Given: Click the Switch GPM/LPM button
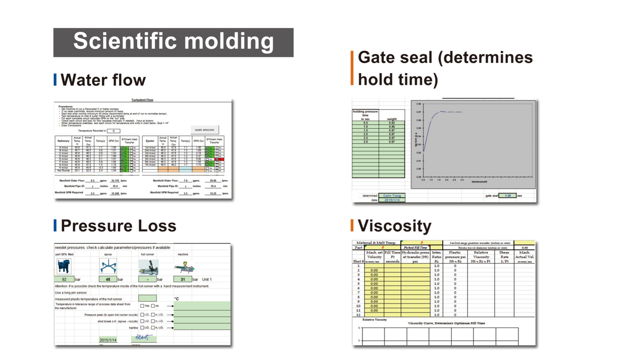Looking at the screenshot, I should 204,130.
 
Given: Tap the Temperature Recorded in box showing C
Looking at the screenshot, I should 114,131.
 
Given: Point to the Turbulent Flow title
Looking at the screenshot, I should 142,100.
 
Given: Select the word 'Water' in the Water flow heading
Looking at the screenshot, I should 84,80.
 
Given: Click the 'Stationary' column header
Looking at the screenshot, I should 63,141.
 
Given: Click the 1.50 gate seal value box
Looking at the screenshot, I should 507,195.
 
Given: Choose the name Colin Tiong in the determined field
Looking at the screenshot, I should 392,195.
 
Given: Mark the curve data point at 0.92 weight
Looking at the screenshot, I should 423,153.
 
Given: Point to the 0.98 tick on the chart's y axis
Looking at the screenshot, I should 419,104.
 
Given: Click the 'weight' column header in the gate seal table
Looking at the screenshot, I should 392,119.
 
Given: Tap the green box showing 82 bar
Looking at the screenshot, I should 64,279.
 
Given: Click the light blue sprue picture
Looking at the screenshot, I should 108,266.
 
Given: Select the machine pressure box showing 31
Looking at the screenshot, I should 183,279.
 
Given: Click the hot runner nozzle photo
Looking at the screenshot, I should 148,267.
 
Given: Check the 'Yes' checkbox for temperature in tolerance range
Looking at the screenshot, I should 142,306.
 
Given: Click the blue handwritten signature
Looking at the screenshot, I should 144,337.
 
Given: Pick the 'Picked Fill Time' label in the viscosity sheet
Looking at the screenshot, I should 415,247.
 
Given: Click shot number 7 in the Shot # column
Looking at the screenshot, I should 358,293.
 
